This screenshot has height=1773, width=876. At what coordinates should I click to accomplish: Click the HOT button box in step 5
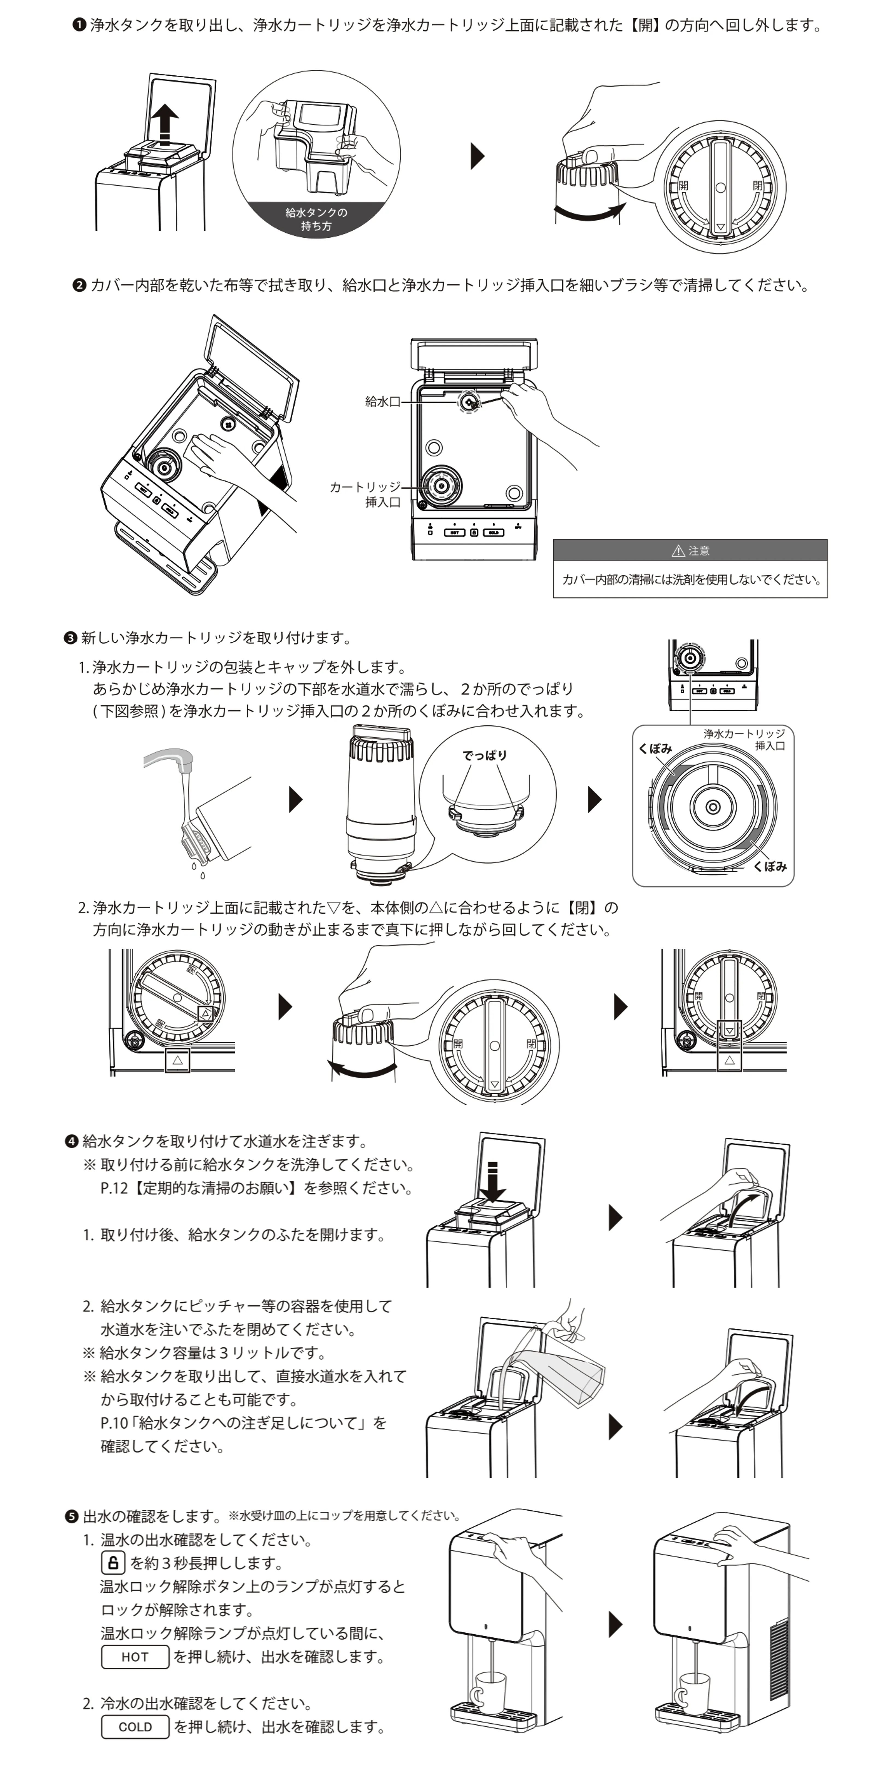[135, 1657]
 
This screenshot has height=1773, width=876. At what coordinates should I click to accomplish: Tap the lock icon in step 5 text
[113, 1563]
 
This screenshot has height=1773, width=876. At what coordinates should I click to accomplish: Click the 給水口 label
[382, 401]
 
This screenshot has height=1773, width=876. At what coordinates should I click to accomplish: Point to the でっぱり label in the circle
[484, 755]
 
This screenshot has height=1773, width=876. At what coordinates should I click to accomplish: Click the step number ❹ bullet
[72, 1141]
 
